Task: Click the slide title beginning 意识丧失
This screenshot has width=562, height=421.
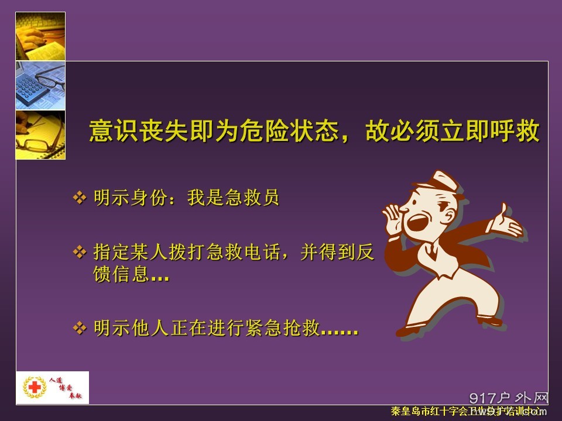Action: click(314, 132)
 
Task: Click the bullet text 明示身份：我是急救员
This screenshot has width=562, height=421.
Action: click(186, 198)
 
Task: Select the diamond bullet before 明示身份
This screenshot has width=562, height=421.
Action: click(79, 198)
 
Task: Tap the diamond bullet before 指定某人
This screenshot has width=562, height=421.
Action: click(79, 253)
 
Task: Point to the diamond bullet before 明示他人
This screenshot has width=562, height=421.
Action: click(79, 328)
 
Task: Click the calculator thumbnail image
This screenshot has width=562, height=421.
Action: click(40, 85)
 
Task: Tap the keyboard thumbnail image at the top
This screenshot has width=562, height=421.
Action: click(40, 36)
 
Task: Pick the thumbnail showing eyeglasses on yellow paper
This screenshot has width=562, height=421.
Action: click(40, 134)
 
